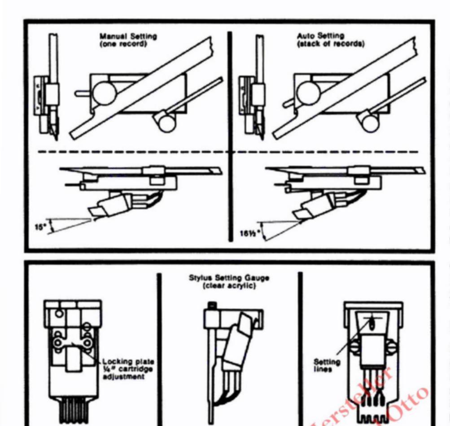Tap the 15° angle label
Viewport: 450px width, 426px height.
click(40, 226)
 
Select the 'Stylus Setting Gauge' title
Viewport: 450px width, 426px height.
click(229, 278)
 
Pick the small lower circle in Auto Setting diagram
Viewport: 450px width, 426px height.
click(370, 123)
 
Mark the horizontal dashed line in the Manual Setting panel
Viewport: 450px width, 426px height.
click(135, 152)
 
